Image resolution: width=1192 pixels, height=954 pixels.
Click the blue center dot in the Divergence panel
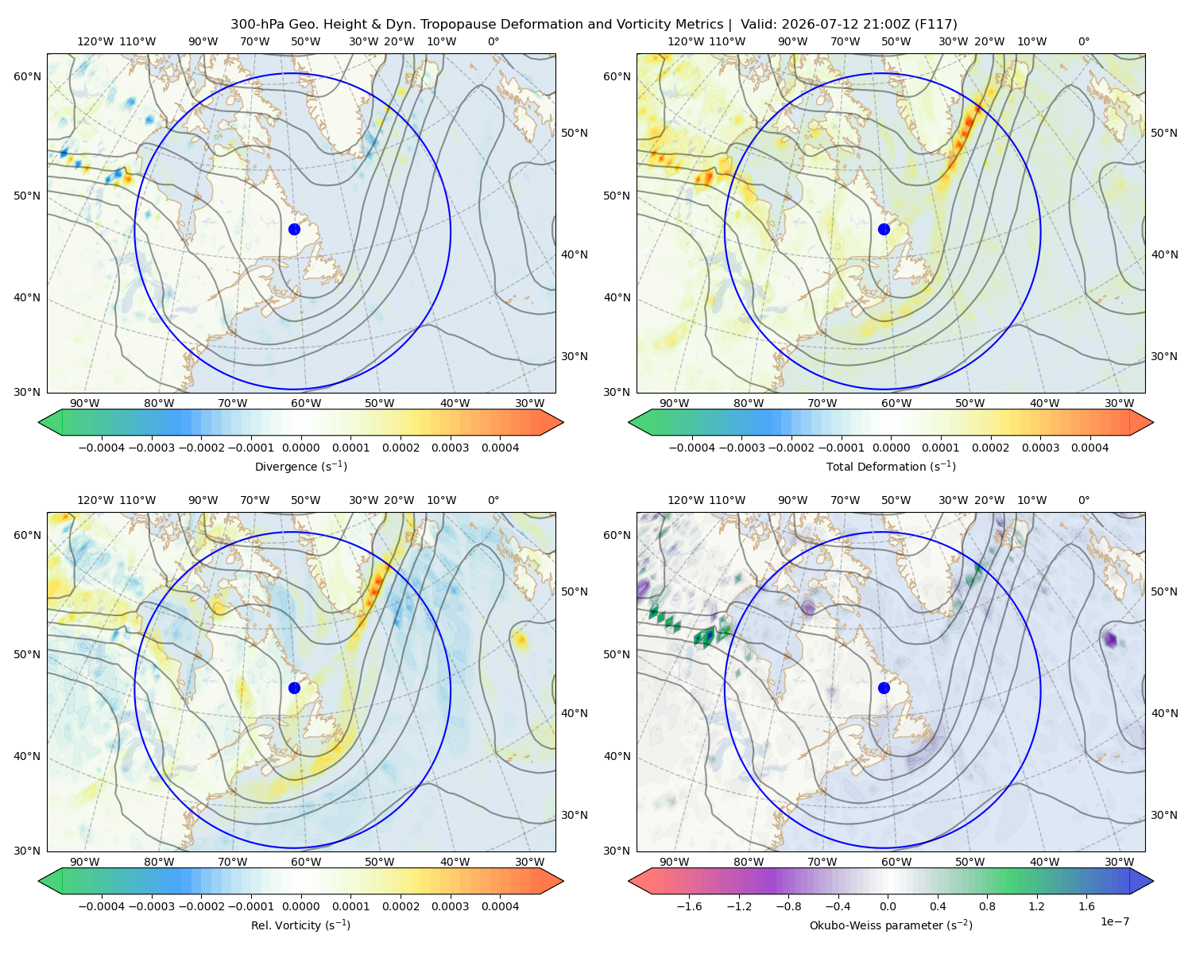point(294,229)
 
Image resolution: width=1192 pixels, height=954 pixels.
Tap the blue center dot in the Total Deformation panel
point(884,229)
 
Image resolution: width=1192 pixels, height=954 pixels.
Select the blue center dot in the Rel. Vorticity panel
point(294,688)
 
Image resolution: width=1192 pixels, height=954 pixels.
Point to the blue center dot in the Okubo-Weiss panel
point(884,688)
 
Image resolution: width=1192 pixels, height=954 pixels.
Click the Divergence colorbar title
point(300,466)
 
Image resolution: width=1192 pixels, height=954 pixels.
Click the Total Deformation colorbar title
point(891,466)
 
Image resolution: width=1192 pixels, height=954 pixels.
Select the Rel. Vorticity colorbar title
point(300,925)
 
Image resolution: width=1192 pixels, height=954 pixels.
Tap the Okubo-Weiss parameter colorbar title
point(891,925)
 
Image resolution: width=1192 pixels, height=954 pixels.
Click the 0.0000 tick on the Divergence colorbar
point(300,448)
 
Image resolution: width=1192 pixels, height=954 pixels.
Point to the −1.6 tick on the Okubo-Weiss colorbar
point(689,906)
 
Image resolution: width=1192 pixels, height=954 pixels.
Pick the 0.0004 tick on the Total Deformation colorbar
point(1089,448)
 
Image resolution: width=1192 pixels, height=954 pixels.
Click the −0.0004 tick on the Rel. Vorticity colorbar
point(102,906)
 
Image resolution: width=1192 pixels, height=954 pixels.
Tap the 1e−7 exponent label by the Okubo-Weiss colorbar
point(1114,922)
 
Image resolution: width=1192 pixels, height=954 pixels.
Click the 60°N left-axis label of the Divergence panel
point(27,76)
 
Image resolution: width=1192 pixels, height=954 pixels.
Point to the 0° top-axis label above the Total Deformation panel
point(1083,41)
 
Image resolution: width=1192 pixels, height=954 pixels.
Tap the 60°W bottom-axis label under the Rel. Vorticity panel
point(306,862)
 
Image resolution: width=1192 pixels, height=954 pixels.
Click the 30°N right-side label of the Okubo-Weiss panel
point(1163,816)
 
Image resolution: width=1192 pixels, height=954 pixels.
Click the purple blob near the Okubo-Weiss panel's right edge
point(1110,640)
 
